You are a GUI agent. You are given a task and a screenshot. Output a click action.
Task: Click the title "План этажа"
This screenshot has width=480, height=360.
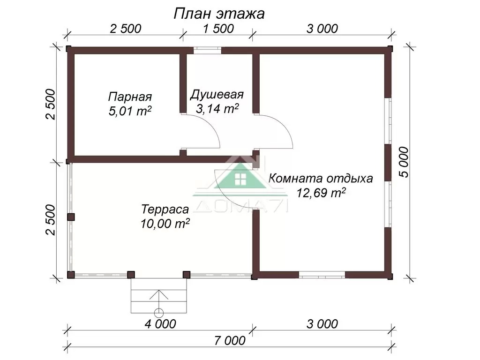click(219, 14)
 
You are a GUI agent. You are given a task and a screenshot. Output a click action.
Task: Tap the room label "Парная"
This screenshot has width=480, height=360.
click(130, 97)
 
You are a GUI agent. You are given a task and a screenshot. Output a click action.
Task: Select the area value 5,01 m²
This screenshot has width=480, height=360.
click(130, 111)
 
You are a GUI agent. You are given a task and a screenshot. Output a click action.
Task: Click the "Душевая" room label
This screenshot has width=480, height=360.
click(217, 95)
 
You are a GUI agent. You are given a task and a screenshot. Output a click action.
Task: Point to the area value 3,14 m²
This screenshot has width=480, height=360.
click(217, 108)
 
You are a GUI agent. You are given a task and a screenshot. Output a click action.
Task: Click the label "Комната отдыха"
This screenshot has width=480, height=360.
click(321, 178)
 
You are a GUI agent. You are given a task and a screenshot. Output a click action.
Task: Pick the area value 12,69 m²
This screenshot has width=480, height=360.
click(321, 193)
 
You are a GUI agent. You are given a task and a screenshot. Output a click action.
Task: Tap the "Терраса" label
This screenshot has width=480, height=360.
click(165, 210)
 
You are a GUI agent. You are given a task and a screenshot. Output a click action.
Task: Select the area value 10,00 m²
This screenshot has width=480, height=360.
click(165, 224)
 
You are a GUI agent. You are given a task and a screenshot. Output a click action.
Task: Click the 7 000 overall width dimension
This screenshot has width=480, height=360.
click(230, 340)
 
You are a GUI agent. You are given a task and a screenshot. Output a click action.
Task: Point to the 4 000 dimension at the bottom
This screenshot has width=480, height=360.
click(160, 324)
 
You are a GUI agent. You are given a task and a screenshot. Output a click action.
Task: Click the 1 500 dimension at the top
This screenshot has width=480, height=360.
click(218, 29)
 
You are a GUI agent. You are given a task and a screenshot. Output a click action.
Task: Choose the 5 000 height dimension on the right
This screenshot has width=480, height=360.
click(404, 162)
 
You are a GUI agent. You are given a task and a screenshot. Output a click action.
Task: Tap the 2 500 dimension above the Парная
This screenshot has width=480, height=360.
click(126, 29)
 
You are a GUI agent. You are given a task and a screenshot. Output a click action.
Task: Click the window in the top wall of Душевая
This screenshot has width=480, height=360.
click(207, 50)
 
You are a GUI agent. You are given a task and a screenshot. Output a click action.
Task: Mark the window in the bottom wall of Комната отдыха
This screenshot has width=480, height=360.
click(322, 275)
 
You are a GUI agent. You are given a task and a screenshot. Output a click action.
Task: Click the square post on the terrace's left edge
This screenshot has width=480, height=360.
click(71, 217)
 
